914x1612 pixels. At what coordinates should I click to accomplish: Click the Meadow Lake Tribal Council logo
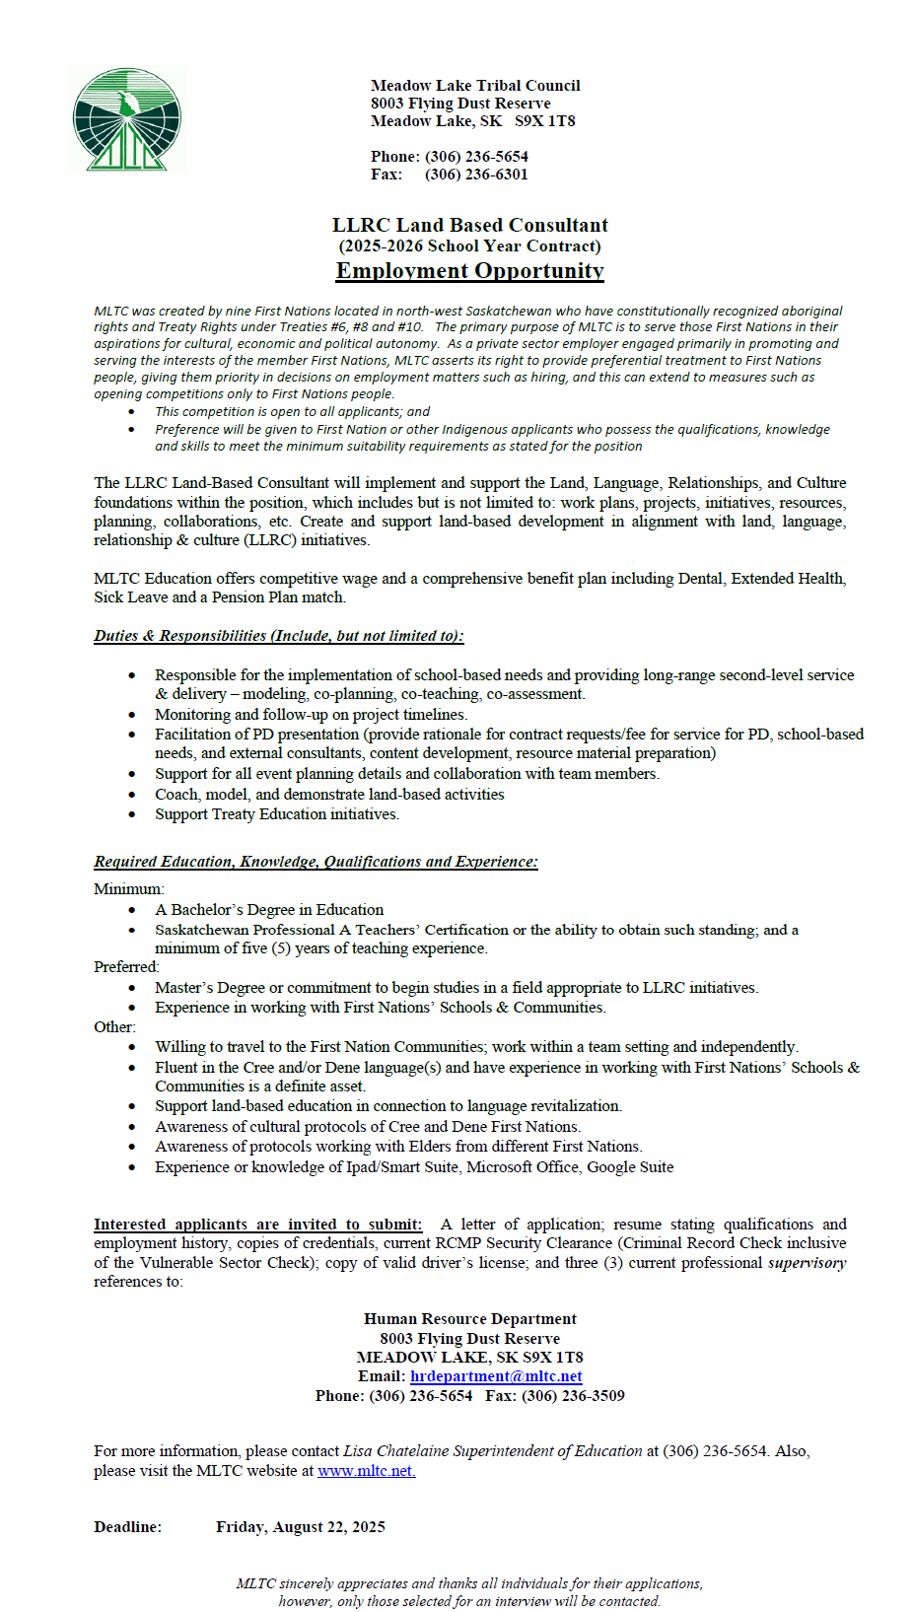127,120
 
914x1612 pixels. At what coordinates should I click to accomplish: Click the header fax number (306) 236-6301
476,175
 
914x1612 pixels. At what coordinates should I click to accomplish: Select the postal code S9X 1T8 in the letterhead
545,121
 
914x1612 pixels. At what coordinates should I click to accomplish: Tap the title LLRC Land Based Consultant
469,225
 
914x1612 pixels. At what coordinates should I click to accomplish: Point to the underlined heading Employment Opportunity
469,271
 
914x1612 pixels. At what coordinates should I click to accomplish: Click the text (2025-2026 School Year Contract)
469,246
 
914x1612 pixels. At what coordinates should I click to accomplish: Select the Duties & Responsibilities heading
278,636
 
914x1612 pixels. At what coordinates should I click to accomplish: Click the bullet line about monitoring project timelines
311,715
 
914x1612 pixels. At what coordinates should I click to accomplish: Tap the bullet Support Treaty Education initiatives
276,814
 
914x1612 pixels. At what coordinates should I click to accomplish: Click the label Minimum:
129,889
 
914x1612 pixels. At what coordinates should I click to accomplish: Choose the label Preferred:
126,967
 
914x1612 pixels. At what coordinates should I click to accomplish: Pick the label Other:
114,1027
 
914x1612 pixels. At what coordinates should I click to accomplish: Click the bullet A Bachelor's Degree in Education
268,910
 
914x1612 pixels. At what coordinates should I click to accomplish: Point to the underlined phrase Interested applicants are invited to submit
257,1225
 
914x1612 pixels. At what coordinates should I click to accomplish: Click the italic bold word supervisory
807,1263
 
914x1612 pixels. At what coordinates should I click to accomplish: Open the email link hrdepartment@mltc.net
496,1376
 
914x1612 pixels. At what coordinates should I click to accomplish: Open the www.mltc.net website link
366,1471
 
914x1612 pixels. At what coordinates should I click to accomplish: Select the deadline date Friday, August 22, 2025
301,1527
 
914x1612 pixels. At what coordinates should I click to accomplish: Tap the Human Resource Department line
469,1319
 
